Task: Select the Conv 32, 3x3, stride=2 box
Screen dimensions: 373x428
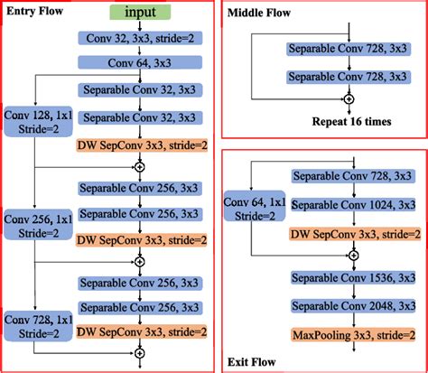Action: [x=138, y=42]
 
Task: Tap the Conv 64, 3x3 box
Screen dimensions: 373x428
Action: [x=138, y=63]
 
